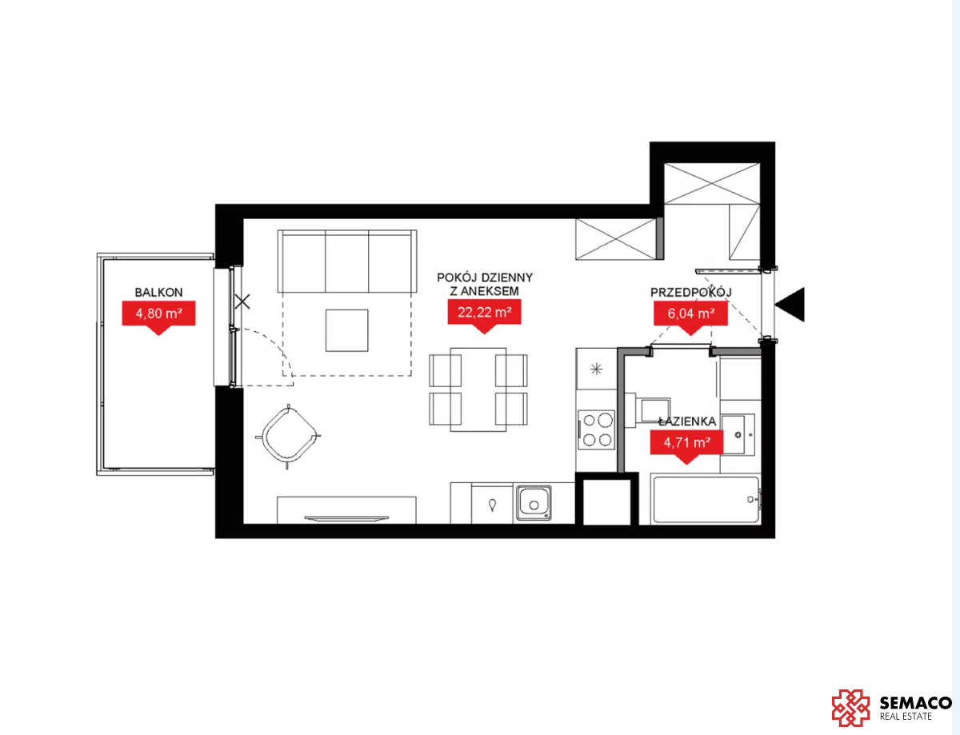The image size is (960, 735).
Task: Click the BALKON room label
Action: point(158,292)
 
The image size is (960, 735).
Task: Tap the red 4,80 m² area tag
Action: point(158,314)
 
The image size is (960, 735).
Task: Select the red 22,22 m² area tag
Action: point(485,313)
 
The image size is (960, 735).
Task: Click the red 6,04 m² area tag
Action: point(690,314)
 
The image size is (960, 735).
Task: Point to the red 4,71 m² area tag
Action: point(686,443)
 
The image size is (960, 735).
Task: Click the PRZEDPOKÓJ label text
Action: point(691,292)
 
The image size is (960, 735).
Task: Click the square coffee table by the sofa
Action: point(347,330)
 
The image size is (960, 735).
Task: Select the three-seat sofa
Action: point(347,261)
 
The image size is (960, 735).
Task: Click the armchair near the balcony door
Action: point(288,436)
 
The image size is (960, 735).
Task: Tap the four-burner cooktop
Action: point(596,429)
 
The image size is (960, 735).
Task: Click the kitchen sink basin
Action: point(534,502)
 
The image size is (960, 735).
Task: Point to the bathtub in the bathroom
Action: point(706,499)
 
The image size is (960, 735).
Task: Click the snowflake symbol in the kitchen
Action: point(597,369)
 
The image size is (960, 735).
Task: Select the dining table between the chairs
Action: point(478,389)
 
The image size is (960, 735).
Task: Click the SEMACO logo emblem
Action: point(850,708)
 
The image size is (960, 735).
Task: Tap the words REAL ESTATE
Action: point(906,717)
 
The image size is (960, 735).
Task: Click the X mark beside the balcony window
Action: point(242,302)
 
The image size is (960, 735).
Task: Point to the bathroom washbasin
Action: point(738,434)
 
